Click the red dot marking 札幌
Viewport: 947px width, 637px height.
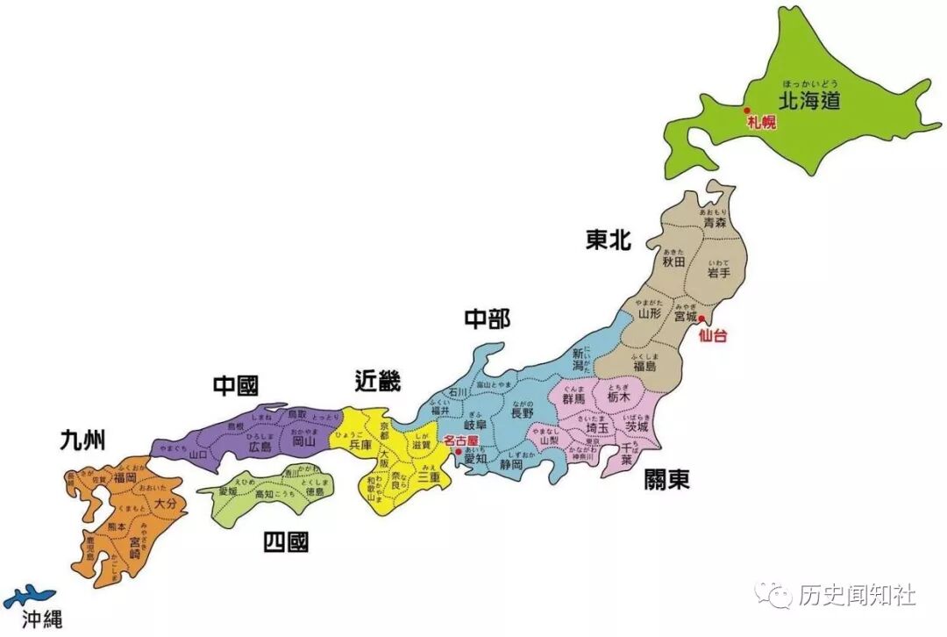tap(746, 111)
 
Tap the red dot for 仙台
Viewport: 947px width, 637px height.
tap(701, 318)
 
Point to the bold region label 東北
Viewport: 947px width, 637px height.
tap(608, 240)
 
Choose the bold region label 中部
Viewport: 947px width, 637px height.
tap(487, 318)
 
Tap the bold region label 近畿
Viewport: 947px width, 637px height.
tap(378, 381)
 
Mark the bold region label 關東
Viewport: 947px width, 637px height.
tap(666, 479)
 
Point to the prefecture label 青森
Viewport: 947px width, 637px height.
tap(715, 224)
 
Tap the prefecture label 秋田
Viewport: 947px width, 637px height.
tap(673, 261)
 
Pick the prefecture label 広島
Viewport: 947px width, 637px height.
tap(260, 447)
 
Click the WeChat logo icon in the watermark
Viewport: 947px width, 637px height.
tap(776, 595)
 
